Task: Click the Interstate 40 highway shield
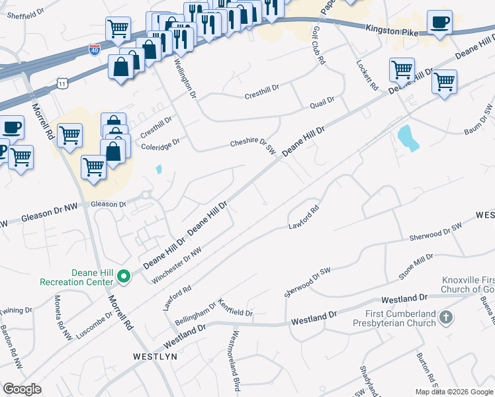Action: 95,50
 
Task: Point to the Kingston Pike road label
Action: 391,29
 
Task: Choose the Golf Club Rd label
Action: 318,49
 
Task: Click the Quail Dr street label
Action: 322,102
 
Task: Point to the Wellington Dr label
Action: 186,79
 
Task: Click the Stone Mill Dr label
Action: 415,265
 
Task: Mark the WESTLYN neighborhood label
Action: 155,356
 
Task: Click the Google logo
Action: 22,389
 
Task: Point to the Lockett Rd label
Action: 367,76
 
